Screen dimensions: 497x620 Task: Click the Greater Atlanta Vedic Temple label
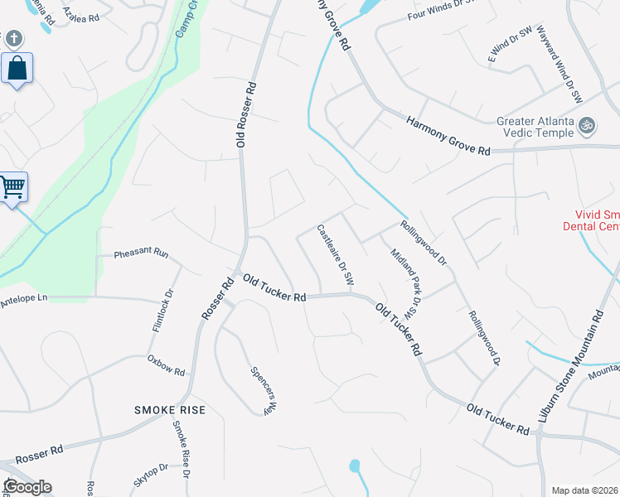tap(534, 127)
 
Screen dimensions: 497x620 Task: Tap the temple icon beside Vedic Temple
tap(588, 126)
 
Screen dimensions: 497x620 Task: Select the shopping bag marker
tap(17, 70)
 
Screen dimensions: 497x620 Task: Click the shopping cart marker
tap(12, 187)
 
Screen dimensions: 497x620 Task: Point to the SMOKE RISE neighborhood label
tap(169, 410)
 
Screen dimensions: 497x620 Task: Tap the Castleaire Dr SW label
tap(336, 256)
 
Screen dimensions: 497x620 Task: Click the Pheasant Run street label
tap(141, 253)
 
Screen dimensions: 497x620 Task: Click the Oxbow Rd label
tap(166, 365)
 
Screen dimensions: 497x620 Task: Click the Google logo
tap(27, 487)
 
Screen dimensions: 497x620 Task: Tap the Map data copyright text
tap(585, 490)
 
